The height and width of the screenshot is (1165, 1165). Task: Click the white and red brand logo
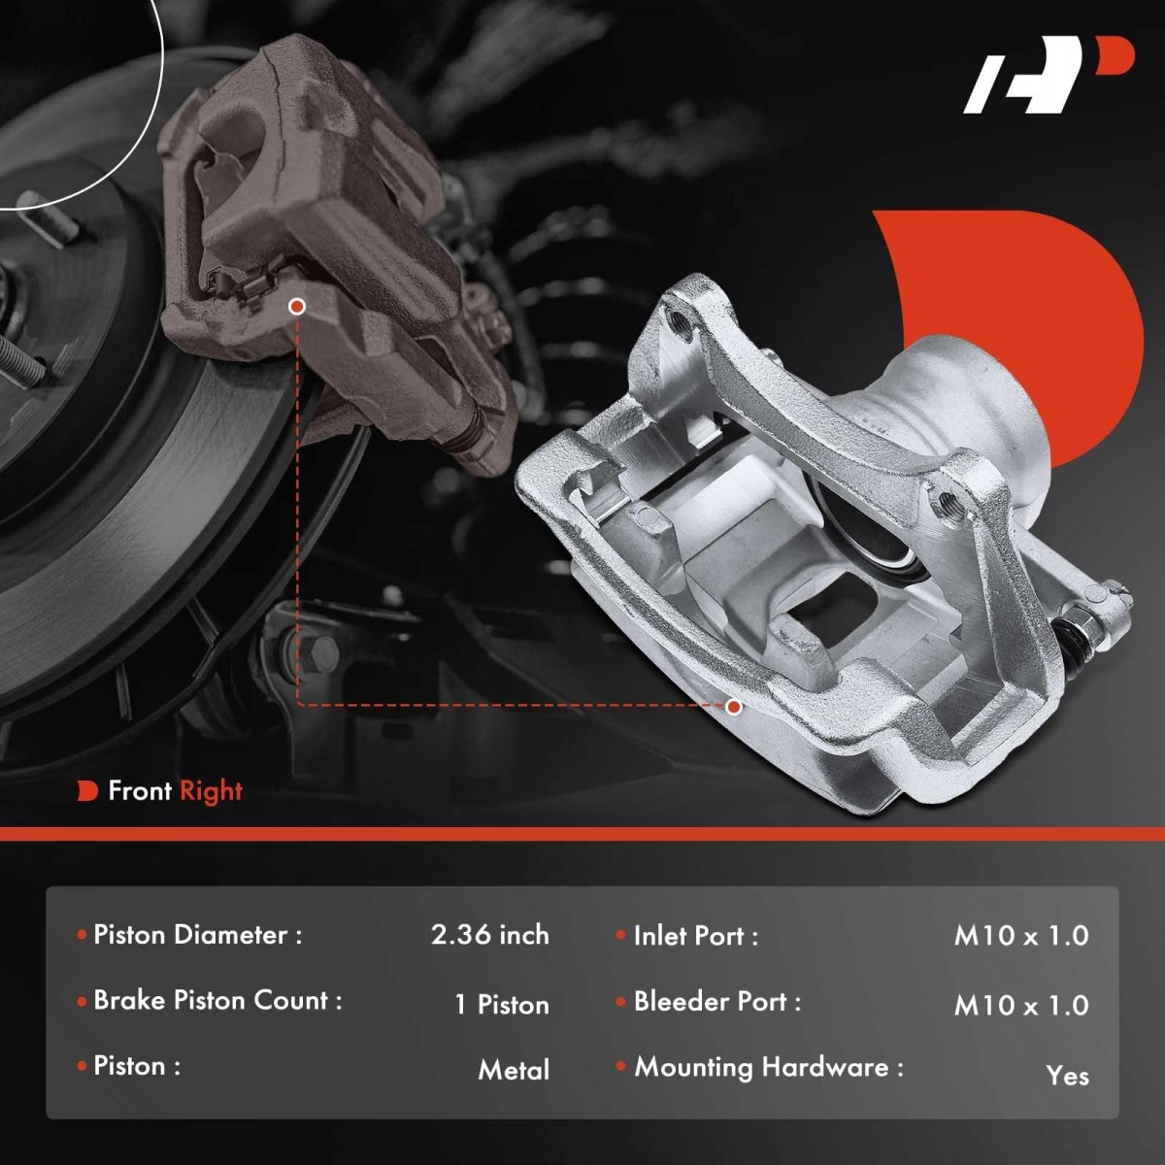pyautogui.click(x=1048, y=83)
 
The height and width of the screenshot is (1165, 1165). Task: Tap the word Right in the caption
pyautogui.click(x=211, y=791)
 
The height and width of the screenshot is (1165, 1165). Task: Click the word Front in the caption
pyautogui.click(x=140, y=791)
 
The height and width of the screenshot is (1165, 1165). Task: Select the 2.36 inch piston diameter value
pyautogui.click(x=489, y=935)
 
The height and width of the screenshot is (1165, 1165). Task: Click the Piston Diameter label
pyautogui.click(x=197, y=935)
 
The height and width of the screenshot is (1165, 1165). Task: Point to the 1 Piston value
pyautogui.click(x=502, y=1005)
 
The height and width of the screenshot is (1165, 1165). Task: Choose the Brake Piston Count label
pyautogui.click(x=217, y=1001)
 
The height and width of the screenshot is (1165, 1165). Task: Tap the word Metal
pyautogui.click(x=514, y=1070)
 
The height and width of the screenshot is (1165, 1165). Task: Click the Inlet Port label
pyautogui.click(x=695, y=937)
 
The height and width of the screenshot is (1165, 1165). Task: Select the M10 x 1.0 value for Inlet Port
pyautogui.click(x=1021, y=936)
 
